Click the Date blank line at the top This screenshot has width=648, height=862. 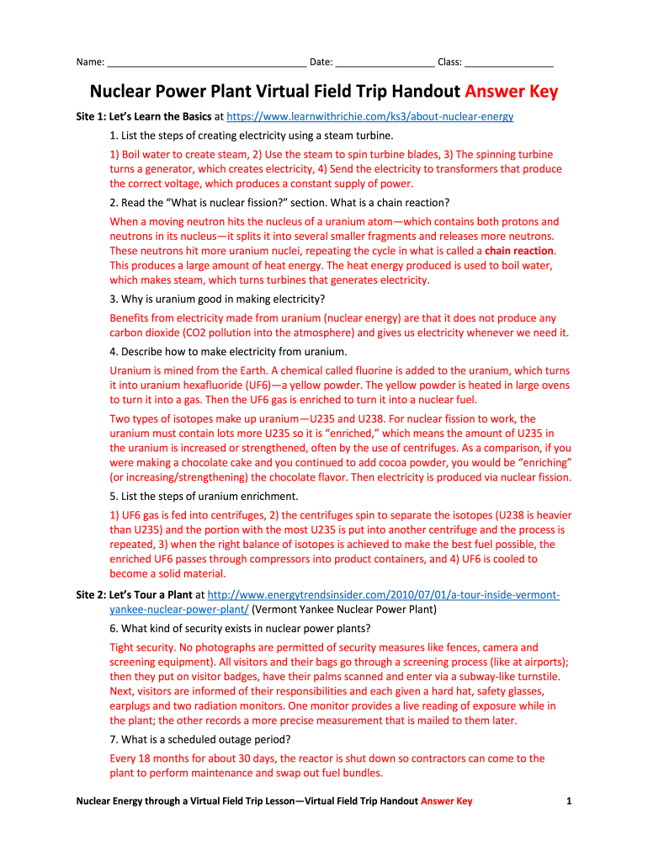pyautogui.click(x=385, y=62)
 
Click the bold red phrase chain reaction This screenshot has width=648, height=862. pyautogui.click(x=520, y=251)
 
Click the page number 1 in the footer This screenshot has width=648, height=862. pyautogui.click(x=570, y=801)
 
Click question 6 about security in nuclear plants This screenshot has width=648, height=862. pyautogui.click(x=240, y=628)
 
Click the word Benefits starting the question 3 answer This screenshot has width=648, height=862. pyautogui.click(x=131, y=318)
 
